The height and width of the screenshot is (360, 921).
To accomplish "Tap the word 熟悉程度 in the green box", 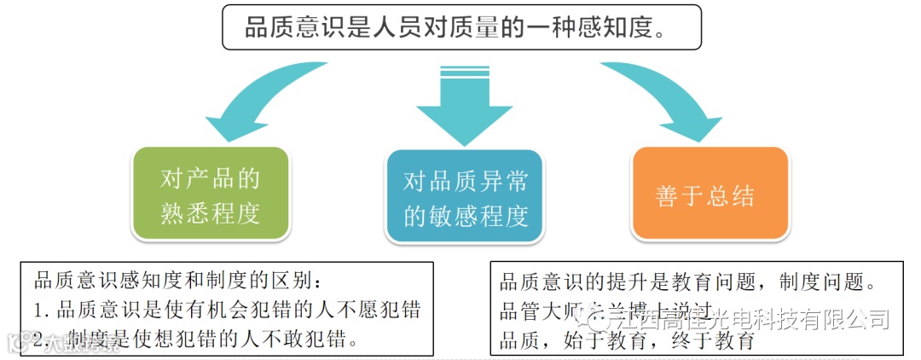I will (x=210, y=213).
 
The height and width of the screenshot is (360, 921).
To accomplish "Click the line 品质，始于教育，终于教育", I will (x=628, y=341).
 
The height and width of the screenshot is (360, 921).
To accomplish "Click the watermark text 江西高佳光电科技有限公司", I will (x=742, y=319).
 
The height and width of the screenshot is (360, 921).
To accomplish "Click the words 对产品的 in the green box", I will (x=210, y=178).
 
